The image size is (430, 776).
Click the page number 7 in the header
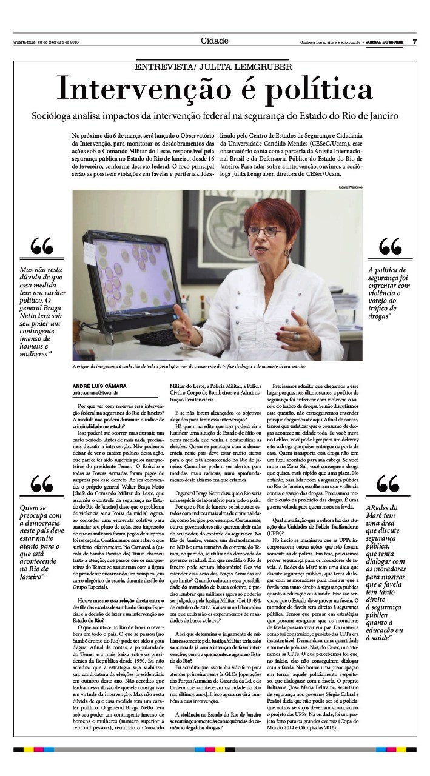click(414, 42)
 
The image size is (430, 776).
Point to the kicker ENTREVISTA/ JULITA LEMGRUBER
click(214, 67)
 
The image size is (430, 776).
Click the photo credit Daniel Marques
click(350, 187)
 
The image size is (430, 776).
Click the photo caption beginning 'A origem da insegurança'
click(189, 367)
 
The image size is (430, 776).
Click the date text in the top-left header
click(47, 42)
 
